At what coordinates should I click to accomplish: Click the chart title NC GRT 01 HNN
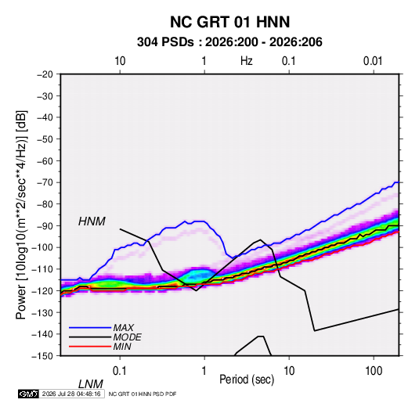coord(229,22)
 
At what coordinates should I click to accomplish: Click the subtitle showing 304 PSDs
coord(229,42)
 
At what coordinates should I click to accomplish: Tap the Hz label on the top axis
coord(247,61)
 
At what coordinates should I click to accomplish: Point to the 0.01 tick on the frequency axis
coord(373,61)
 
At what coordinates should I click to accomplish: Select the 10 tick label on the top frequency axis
coord(120,61)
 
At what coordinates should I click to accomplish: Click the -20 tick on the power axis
coord(45,74)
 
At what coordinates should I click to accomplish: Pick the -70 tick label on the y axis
coord(45,182)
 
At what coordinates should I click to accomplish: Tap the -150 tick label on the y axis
coord(42,356)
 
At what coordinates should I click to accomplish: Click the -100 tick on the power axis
coord(42,247)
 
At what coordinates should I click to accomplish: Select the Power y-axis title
coord(21,214)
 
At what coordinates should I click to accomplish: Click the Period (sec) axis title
coord(247,380)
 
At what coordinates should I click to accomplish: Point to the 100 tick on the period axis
coord(374,371)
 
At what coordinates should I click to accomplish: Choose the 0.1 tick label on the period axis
coord(120,371)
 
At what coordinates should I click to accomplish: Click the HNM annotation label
coord(92,221)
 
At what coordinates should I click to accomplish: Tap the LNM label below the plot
coord(90,384)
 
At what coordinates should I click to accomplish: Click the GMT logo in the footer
coord(28,394)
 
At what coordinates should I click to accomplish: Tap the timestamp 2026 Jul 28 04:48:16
coord(71,394)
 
